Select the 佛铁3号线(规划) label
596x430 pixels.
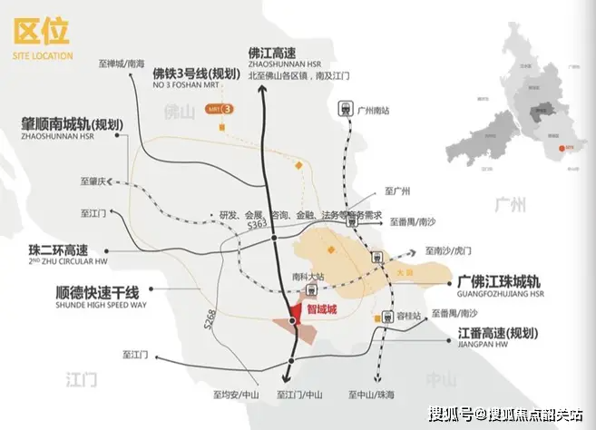point(196,73)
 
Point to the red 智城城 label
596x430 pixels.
point(323,308)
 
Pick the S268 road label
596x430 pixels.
point(210,317)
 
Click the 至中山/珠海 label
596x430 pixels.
point(373,395)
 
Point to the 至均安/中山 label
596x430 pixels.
point(236,395)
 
